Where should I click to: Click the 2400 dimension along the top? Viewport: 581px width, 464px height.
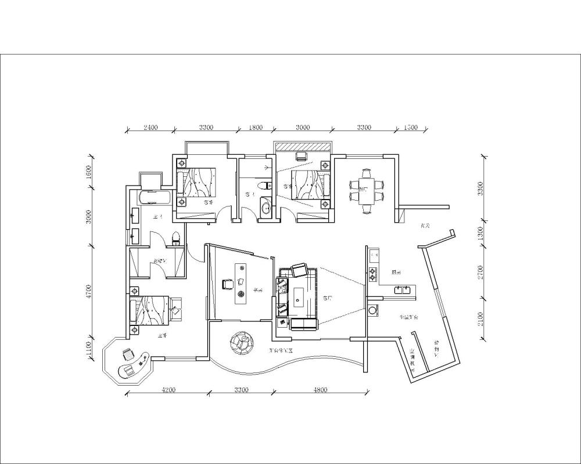point(150,128)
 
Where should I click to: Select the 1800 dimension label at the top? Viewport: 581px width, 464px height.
point(256,128)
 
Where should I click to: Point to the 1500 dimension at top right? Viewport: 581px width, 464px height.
point(410,128)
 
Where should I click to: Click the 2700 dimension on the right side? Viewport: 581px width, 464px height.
point(480,273)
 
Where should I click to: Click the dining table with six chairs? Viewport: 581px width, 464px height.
point(367,191)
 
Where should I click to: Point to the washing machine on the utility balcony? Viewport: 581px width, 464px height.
point(372,310)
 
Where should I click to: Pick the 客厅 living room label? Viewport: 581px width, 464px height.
point(327,298)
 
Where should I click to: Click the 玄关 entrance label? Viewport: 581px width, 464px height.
point(424,226)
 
